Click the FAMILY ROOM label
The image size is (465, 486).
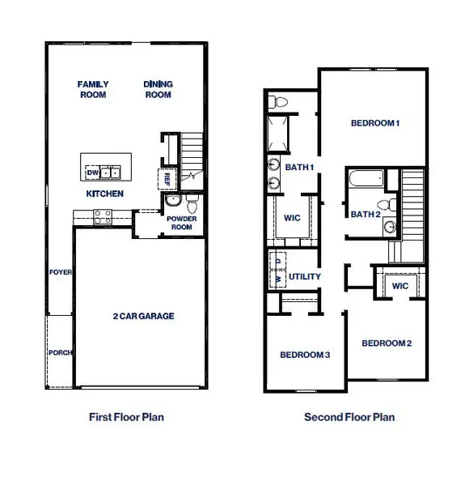pos(93,89)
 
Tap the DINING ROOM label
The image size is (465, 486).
pos(158,89)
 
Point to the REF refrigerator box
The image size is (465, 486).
pos(167,178)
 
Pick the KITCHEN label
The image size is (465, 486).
pos(105,194)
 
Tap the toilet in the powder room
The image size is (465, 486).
pos(192,202)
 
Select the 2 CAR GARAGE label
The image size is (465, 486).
pos(144,317)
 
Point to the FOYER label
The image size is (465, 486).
pos(60,272)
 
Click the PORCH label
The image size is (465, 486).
pos(60,352)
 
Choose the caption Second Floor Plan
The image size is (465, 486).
pos(349,418)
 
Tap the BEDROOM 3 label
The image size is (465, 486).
pos(305,354)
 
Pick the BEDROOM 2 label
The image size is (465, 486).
pos(387,343)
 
